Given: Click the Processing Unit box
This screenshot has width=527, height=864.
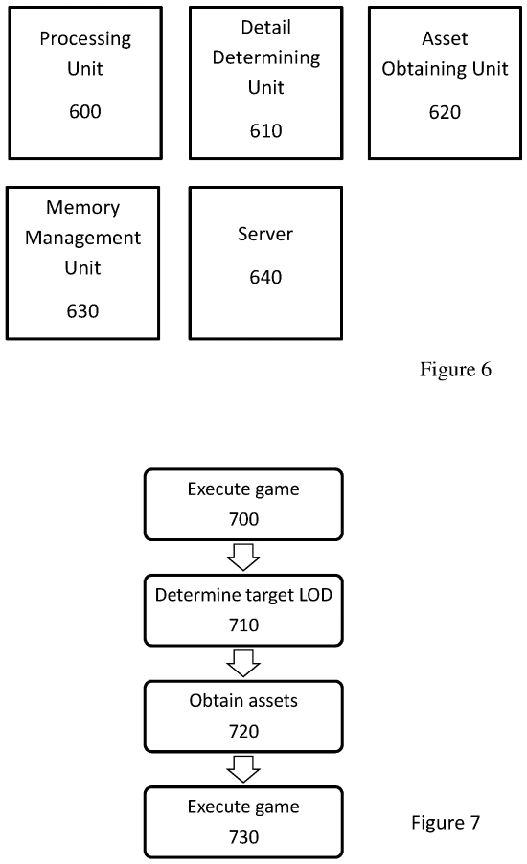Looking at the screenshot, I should click(x=83, y=82).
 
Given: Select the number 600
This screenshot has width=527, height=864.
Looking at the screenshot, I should click(x=84, y=112).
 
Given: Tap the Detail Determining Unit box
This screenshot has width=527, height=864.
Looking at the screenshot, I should click(x=265, y=82).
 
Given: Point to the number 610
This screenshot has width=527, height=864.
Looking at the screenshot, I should click(x=265, y=131).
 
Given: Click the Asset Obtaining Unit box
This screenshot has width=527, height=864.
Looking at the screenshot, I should click(x=445, y=82).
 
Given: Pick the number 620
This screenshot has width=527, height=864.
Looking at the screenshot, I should click(x=445, y=112).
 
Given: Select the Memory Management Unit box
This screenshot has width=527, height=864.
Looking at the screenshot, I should click(x=83, y=262).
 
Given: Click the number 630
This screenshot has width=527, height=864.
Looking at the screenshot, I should click(x=82, y=310).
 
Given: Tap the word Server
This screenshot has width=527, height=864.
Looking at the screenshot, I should click(x=265, y=234).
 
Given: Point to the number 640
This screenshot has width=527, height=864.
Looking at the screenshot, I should click(x=265, y=278).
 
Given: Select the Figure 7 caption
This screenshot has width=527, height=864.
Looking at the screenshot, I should click(x=446, y=822).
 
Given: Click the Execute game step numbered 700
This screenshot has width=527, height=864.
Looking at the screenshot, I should click(x=242, y=504).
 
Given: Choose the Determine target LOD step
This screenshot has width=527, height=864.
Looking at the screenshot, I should click(x=242, y=610).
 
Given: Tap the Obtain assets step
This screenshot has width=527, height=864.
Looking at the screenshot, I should click(x=242, y=716).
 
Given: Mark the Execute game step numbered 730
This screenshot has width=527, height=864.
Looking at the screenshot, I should click(x=242, y=821).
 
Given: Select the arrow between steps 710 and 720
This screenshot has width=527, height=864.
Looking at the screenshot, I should click(x=243, y=663).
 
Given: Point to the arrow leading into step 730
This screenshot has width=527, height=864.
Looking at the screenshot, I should click(x=243, y=768).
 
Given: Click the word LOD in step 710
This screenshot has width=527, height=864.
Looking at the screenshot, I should click(x=309, y=595).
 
